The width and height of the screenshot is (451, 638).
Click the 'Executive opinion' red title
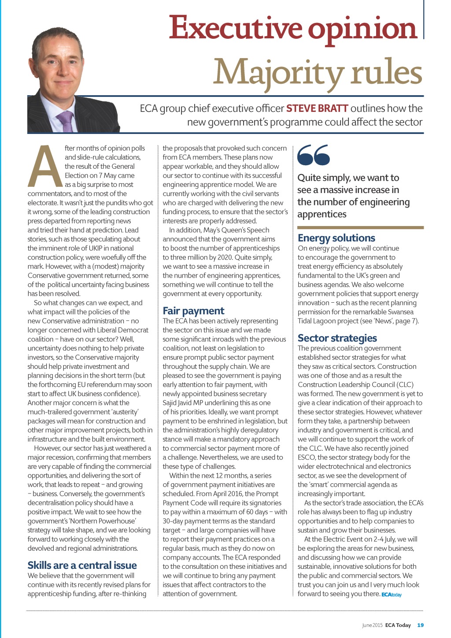tap(292, 28)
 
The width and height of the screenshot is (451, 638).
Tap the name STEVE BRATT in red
tap(317, 108)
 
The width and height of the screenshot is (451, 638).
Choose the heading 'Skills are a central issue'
tap(82, 565)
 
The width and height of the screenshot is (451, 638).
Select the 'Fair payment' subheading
tap(193, 311)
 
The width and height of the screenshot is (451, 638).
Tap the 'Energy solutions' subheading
tap(336, 238)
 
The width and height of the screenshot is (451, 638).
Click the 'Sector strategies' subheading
tap(337, 338)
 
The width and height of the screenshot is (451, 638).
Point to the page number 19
tap(420, 625)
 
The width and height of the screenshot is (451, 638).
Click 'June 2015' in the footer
tap(372, 625)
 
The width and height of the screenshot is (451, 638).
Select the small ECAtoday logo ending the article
tap(392, 595)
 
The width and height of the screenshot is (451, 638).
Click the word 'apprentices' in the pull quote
tap(322, 214)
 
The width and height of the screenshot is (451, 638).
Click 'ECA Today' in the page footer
tap(398, 625)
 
